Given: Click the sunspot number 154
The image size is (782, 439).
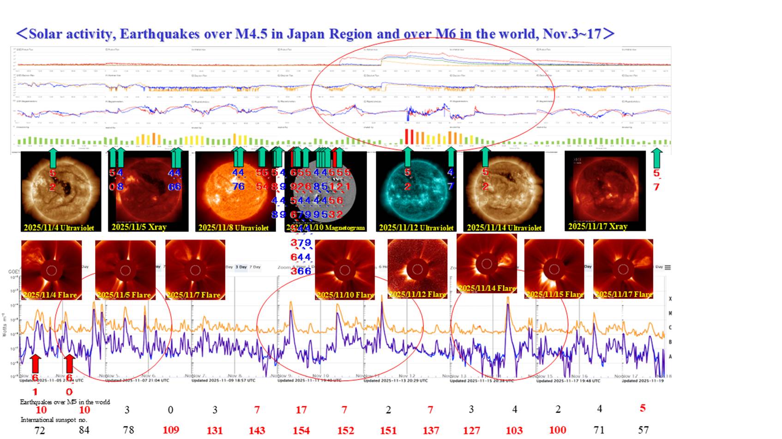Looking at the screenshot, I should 301,430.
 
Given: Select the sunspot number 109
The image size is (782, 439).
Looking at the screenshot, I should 171,430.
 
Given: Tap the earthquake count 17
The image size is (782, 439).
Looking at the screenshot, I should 301,409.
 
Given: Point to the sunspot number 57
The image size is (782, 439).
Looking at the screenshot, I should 643,430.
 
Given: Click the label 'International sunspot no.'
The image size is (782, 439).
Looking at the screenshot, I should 54,420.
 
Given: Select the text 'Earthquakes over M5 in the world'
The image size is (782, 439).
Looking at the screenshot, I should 65,402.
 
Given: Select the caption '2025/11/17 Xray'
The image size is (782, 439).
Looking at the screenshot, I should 598,226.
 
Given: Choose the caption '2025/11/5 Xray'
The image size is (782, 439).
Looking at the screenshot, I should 139,227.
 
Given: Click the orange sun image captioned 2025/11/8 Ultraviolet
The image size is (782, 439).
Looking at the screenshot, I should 235,191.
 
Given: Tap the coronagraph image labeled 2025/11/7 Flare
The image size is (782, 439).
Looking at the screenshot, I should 195,269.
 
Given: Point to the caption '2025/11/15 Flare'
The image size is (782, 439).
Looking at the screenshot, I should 554,294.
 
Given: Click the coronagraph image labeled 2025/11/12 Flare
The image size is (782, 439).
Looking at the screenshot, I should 417,269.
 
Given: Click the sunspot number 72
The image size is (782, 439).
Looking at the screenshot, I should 40,430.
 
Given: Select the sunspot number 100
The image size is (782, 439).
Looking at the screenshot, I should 558,430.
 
